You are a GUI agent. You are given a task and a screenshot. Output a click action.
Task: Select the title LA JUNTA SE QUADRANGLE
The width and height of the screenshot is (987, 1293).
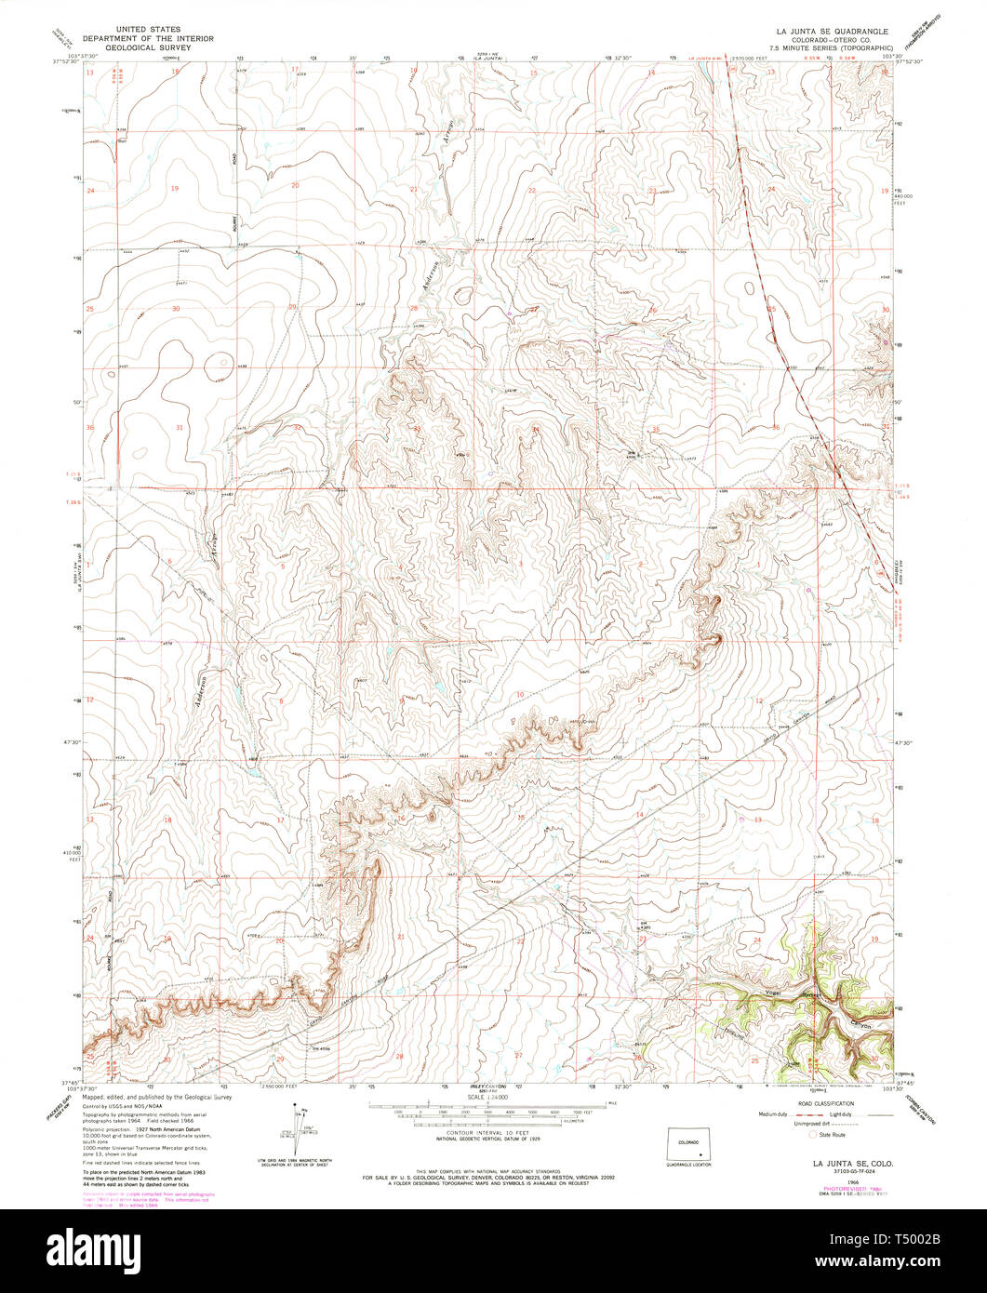point(830,31)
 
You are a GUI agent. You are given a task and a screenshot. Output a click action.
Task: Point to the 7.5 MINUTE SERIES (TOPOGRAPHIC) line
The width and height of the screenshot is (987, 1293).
point(830,47)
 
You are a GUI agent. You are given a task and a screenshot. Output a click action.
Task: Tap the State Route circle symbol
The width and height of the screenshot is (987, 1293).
point(811,1135)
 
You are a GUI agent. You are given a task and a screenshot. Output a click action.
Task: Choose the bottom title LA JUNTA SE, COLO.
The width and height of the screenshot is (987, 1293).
point(841,1163)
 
